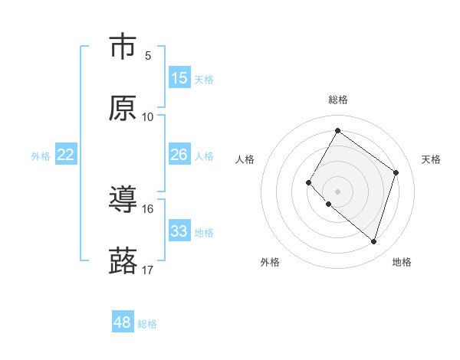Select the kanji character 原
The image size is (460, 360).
123,109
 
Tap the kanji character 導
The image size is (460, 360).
123,201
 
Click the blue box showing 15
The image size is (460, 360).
179,78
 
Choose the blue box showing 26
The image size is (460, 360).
179,155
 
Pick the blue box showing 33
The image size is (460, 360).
179,231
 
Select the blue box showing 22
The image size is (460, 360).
66,155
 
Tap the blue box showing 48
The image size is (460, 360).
123,322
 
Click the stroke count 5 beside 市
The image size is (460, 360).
148,55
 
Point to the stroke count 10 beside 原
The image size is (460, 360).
148,116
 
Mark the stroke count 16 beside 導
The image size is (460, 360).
148,208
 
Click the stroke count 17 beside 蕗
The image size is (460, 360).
148,270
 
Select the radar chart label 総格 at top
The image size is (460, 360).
337,100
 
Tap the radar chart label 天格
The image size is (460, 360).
431,159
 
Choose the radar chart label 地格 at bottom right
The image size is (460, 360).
402,262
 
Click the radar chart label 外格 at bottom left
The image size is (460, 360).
270,262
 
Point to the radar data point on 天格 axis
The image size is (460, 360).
396,172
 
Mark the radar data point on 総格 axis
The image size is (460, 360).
337,130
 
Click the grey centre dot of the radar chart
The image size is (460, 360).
337,191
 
